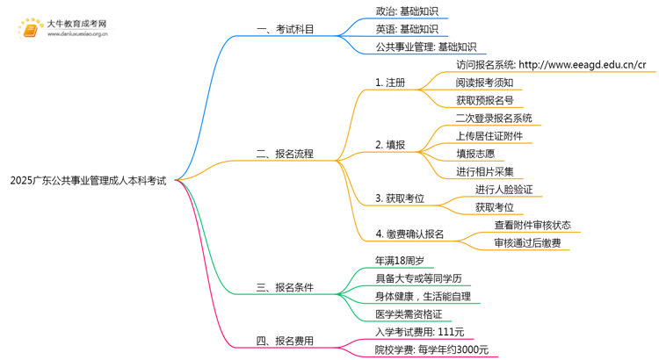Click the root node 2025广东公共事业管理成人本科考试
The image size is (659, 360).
click(x=88, y=181)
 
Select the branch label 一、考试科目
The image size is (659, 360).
click(x=286, y=30)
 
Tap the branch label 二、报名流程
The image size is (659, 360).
click(x=286, y=154)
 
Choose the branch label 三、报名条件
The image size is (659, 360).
click(x=286, y=287)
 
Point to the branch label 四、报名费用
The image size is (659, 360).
click(x=286, y=341)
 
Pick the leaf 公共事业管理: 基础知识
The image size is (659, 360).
click(x=425, y=47)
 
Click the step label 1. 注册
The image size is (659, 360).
click(x=390, y=83)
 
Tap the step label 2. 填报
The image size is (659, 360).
click(x=390, y=145)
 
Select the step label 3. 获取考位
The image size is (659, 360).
click(x=400, y=198)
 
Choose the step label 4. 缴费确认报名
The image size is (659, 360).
click(x=409, y=234)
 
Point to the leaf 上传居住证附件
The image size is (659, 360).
click(x=489, y=136)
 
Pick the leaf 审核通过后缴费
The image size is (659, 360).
click(x=527, y=243)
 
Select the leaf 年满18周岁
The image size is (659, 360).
click(x=400, y=261)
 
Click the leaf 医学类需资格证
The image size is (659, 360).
click(x=409, y=314)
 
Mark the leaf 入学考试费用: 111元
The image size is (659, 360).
click(x=420, y=332)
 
